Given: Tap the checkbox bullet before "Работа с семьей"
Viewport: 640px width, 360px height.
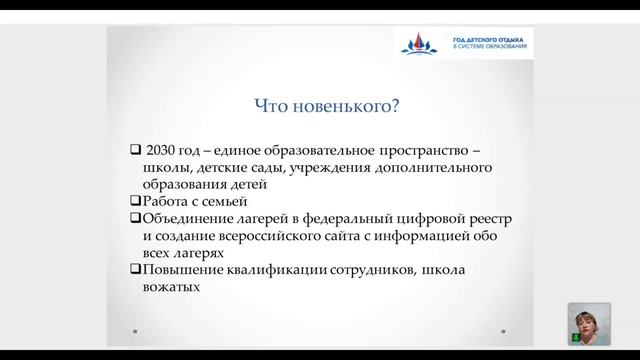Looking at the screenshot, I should tap(135, 200).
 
